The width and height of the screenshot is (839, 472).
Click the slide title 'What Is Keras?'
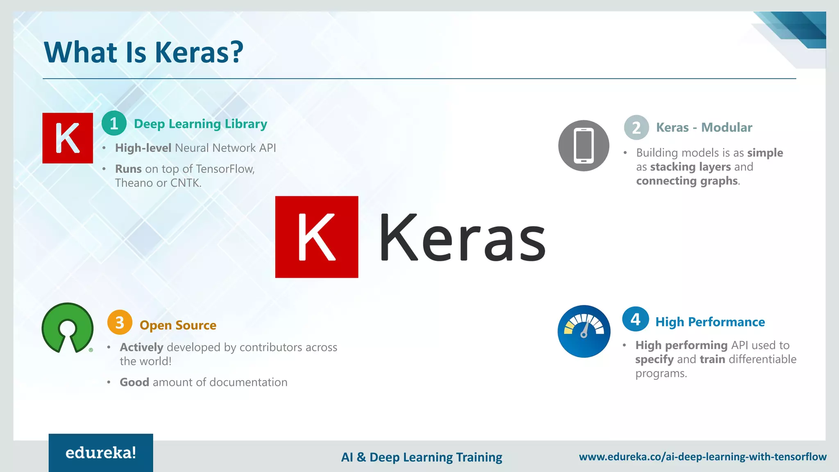(x=143, y=52)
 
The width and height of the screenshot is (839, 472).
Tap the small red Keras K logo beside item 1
(x=68, y=138)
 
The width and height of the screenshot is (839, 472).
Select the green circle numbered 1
(x=114, y=123)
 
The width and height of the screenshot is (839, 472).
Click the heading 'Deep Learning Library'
(x=200, y=124)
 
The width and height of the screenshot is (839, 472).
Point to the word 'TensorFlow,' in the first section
(x=225, y=169)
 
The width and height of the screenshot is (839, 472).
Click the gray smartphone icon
(x=583, y=145)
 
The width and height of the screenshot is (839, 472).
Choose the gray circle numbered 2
(x=636, y=127)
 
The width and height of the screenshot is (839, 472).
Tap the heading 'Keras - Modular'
(x=704, y=127)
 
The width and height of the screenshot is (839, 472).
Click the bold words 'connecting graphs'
(x=687, y=181)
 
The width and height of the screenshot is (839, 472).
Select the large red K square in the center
(x=317, y=237)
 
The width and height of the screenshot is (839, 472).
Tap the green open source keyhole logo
(x=68, y=328)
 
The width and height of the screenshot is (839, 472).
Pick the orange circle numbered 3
(x=120, y=322)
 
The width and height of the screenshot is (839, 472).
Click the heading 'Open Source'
(x=178, y=325)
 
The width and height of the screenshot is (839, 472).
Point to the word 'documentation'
(x=248, y=382)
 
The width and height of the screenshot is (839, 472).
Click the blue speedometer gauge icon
(x=584, y=331)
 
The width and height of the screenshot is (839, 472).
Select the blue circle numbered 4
(x=635, y=319)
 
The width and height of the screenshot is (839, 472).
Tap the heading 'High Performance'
(x=710, y=322)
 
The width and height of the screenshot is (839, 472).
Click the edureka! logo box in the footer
(x=101, y=453)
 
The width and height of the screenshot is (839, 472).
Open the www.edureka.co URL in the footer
(x=703, y=457)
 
